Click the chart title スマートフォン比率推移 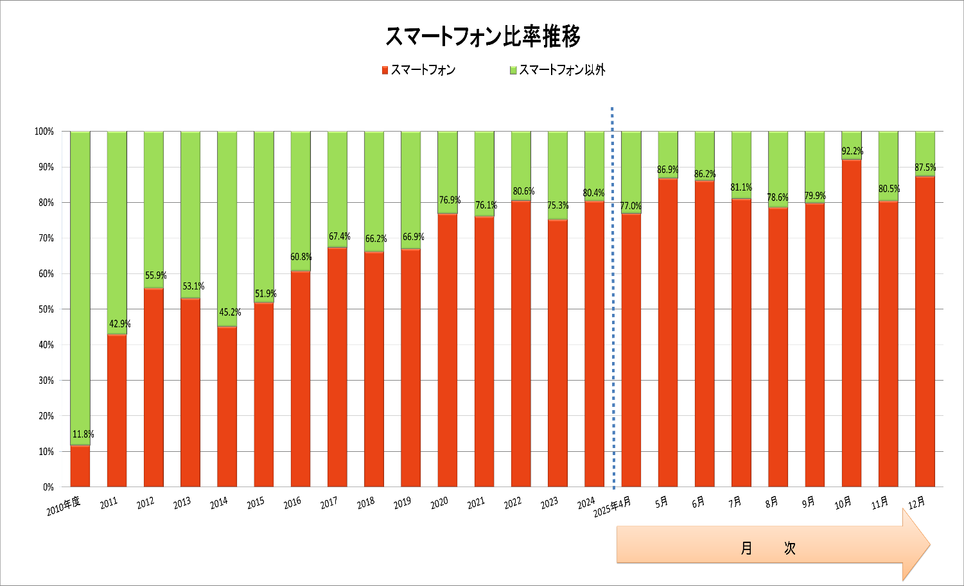(482, 37)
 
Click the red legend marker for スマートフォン (385, 70)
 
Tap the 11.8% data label (83, 435)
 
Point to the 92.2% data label (852, 151)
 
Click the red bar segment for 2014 (227, 406)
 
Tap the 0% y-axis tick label (48, 487)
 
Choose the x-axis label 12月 (917, 503)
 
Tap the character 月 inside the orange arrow (746, 548)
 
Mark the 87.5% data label (925, 168)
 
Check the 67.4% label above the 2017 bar (339, 237)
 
